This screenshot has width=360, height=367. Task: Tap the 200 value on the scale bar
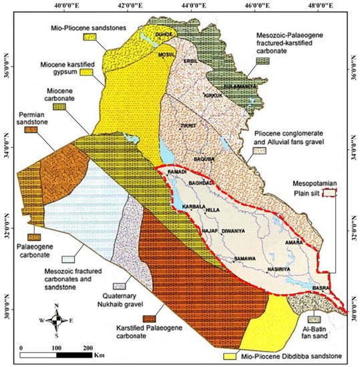tap(87, 348)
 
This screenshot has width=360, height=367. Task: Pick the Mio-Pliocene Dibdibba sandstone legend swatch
tap(232, 358)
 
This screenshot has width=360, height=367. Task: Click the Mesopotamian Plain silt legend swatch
tap(328, 193)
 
